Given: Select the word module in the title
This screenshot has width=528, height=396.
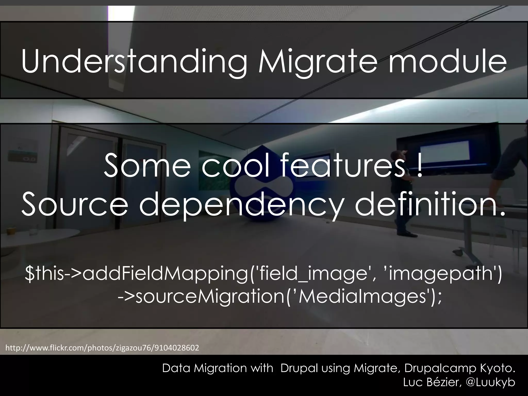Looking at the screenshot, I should pos(447,62).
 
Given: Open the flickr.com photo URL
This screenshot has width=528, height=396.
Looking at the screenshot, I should pos(102,348).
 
